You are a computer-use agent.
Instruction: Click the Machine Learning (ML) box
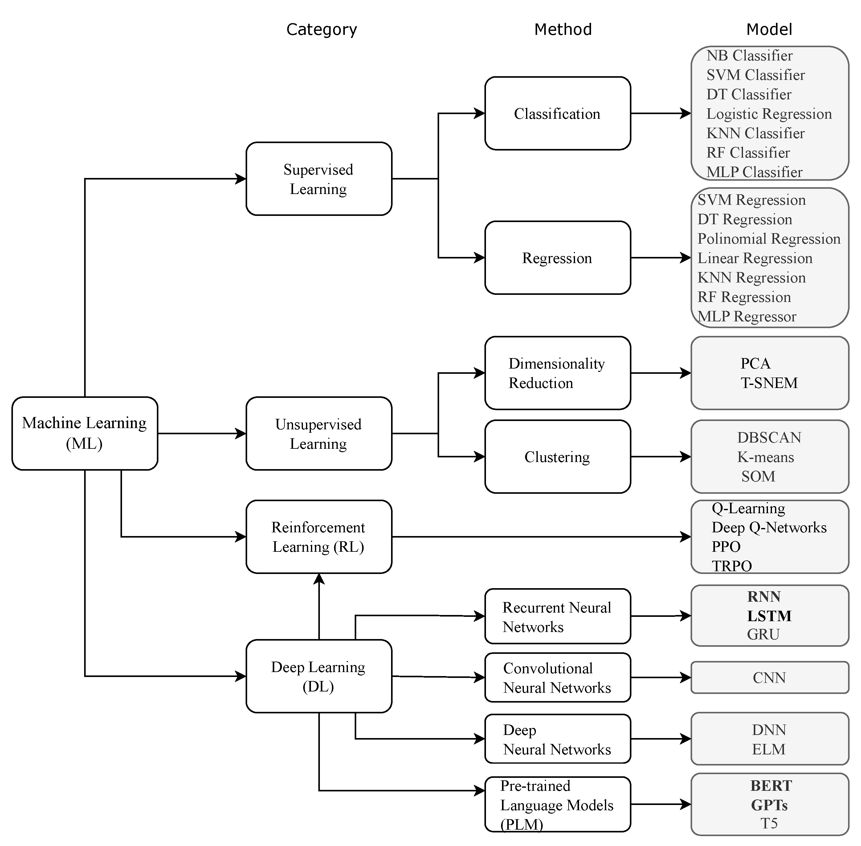[84, 433]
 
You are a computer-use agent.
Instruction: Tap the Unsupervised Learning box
[318, 433]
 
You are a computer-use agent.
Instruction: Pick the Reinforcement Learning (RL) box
[318, 537]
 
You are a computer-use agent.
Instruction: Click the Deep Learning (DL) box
[318, 676]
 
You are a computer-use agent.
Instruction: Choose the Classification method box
[557, 113]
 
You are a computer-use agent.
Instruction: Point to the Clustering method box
[557, 457]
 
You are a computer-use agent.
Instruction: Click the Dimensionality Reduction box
[557, 373]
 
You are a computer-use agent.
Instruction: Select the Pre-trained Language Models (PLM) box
[557, 805]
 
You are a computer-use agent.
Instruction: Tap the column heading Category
[321, 29]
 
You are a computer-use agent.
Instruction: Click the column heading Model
[769, 29]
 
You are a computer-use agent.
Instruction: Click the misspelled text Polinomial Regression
[769, 239]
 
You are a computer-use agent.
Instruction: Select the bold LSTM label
[769, 616]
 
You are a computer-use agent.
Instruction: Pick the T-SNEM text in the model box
[769, 382]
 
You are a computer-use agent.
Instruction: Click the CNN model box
[769, 678]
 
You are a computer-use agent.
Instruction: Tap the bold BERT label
[771, 786]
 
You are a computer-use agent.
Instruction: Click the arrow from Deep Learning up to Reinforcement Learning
[319, 606]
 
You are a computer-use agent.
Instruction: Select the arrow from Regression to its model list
[660, 258]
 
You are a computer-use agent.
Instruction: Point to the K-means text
[765, 457]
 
